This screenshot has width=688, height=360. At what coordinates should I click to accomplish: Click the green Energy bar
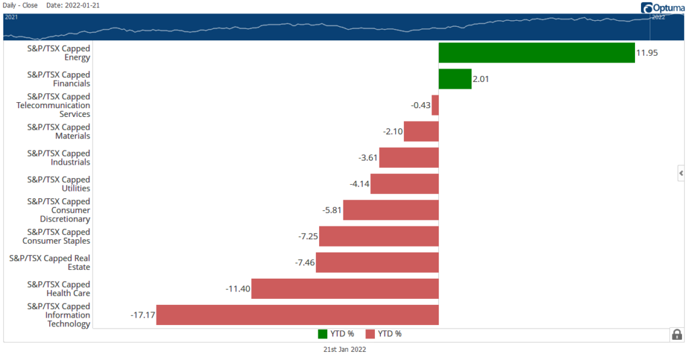click(x=536, y=53)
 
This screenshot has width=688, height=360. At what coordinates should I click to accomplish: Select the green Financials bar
click(x=455, y=79)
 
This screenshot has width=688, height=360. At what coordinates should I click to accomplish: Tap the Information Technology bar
click(x=297, y=315)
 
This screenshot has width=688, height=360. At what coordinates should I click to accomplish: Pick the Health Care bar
click(x=345, y=289)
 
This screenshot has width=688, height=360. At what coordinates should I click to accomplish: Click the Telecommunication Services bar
click(x=435, y=105)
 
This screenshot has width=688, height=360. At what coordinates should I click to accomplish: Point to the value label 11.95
click(x=646, y=53)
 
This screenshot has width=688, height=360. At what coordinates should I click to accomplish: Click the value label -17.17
click(x=142, y=315)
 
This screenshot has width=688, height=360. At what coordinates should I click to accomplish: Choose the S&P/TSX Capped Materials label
click(x=58, y=132)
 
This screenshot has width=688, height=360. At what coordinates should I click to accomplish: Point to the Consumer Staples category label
click(x=56, y=236)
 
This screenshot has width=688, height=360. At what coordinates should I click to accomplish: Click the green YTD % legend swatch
click(x=322, y=334)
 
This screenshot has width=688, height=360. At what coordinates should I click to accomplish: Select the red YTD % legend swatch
click(x=370, y=334)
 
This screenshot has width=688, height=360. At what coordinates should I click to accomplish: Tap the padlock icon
click(x=677, y=334)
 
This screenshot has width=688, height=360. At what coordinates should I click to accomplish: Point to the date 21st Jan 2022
click(x=344, y=350)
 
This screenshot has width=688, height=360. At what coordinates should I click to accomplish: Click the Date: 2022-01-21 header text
click(x=73, y=5)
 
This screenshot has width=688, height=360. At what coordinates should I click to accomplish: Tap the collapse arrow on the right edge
click(x=681, y=173)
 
